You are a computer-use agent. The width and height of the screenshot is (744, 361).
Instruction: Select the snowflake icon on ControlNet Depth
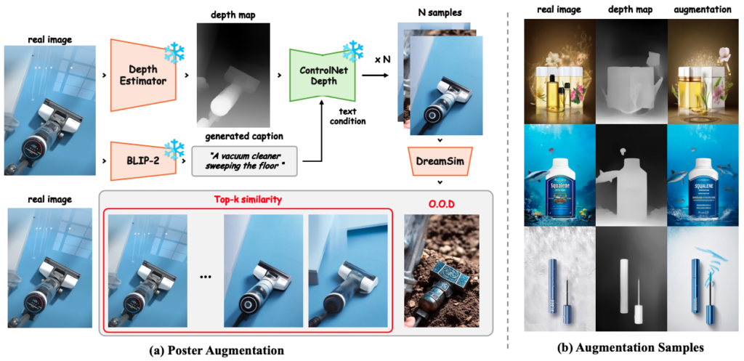352,51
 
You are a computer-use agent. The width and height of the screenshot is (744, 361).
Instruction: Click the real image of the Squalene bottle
558,174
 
